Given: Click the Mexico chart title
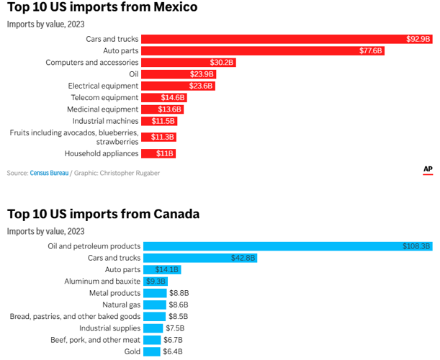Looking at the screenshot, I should [x=102, y=8].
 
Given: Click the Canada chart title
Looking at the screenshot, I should [x=103, y=214].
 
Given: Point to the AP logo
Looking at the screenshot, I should [x=428, y=170].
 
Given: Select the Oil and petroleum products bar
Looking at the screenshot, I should [x=288, y=246].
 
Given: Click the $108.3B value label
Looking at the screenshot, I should [x=417, y=246].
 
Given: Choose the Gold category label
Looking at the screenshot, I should [x=132, y=351].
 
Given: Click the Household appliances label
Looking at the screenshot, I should [x=102, y=153].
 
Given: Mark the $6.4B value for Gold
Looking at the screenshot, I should [x=173, y=351].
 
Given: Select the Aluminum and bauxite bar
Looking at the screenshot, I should [x=155, y=282].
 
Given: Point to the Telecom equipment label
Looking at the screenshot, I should [x=104, y=97].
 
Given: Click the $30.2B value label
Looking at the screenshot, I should [x=222, y=63].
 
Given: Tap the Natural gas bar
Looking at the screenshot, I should [x=153, y=305].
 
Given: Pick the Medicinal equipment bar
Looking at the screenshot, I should [x=162, y=109].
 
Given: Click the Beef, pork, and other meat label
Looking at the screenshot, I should [x=95, y=340].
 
